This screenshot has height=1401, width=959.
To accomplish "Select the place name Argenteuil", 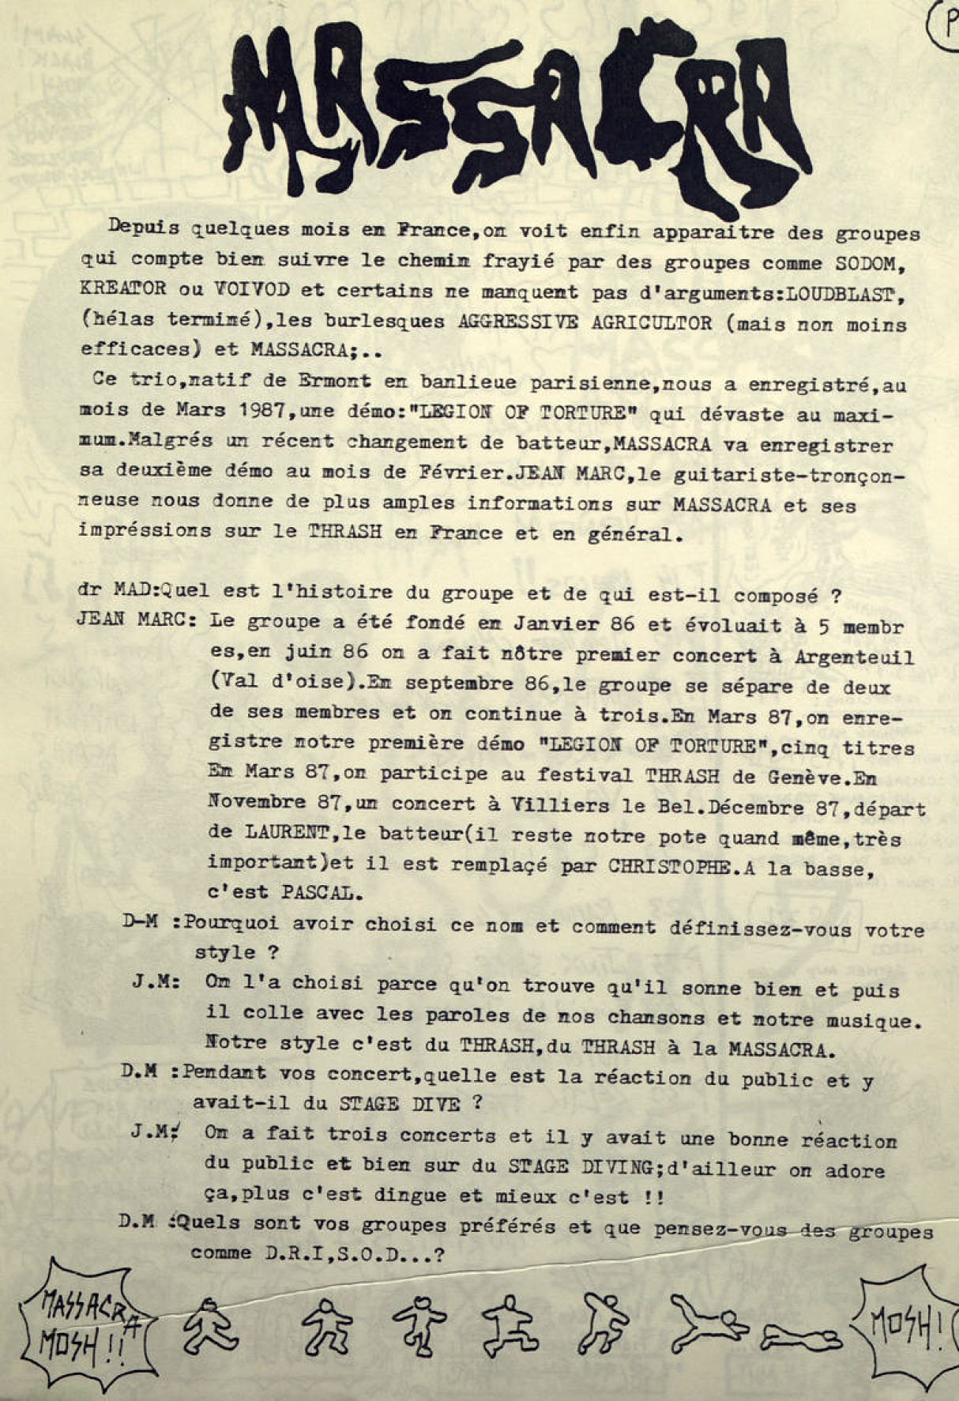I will (x=852, y=657).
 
